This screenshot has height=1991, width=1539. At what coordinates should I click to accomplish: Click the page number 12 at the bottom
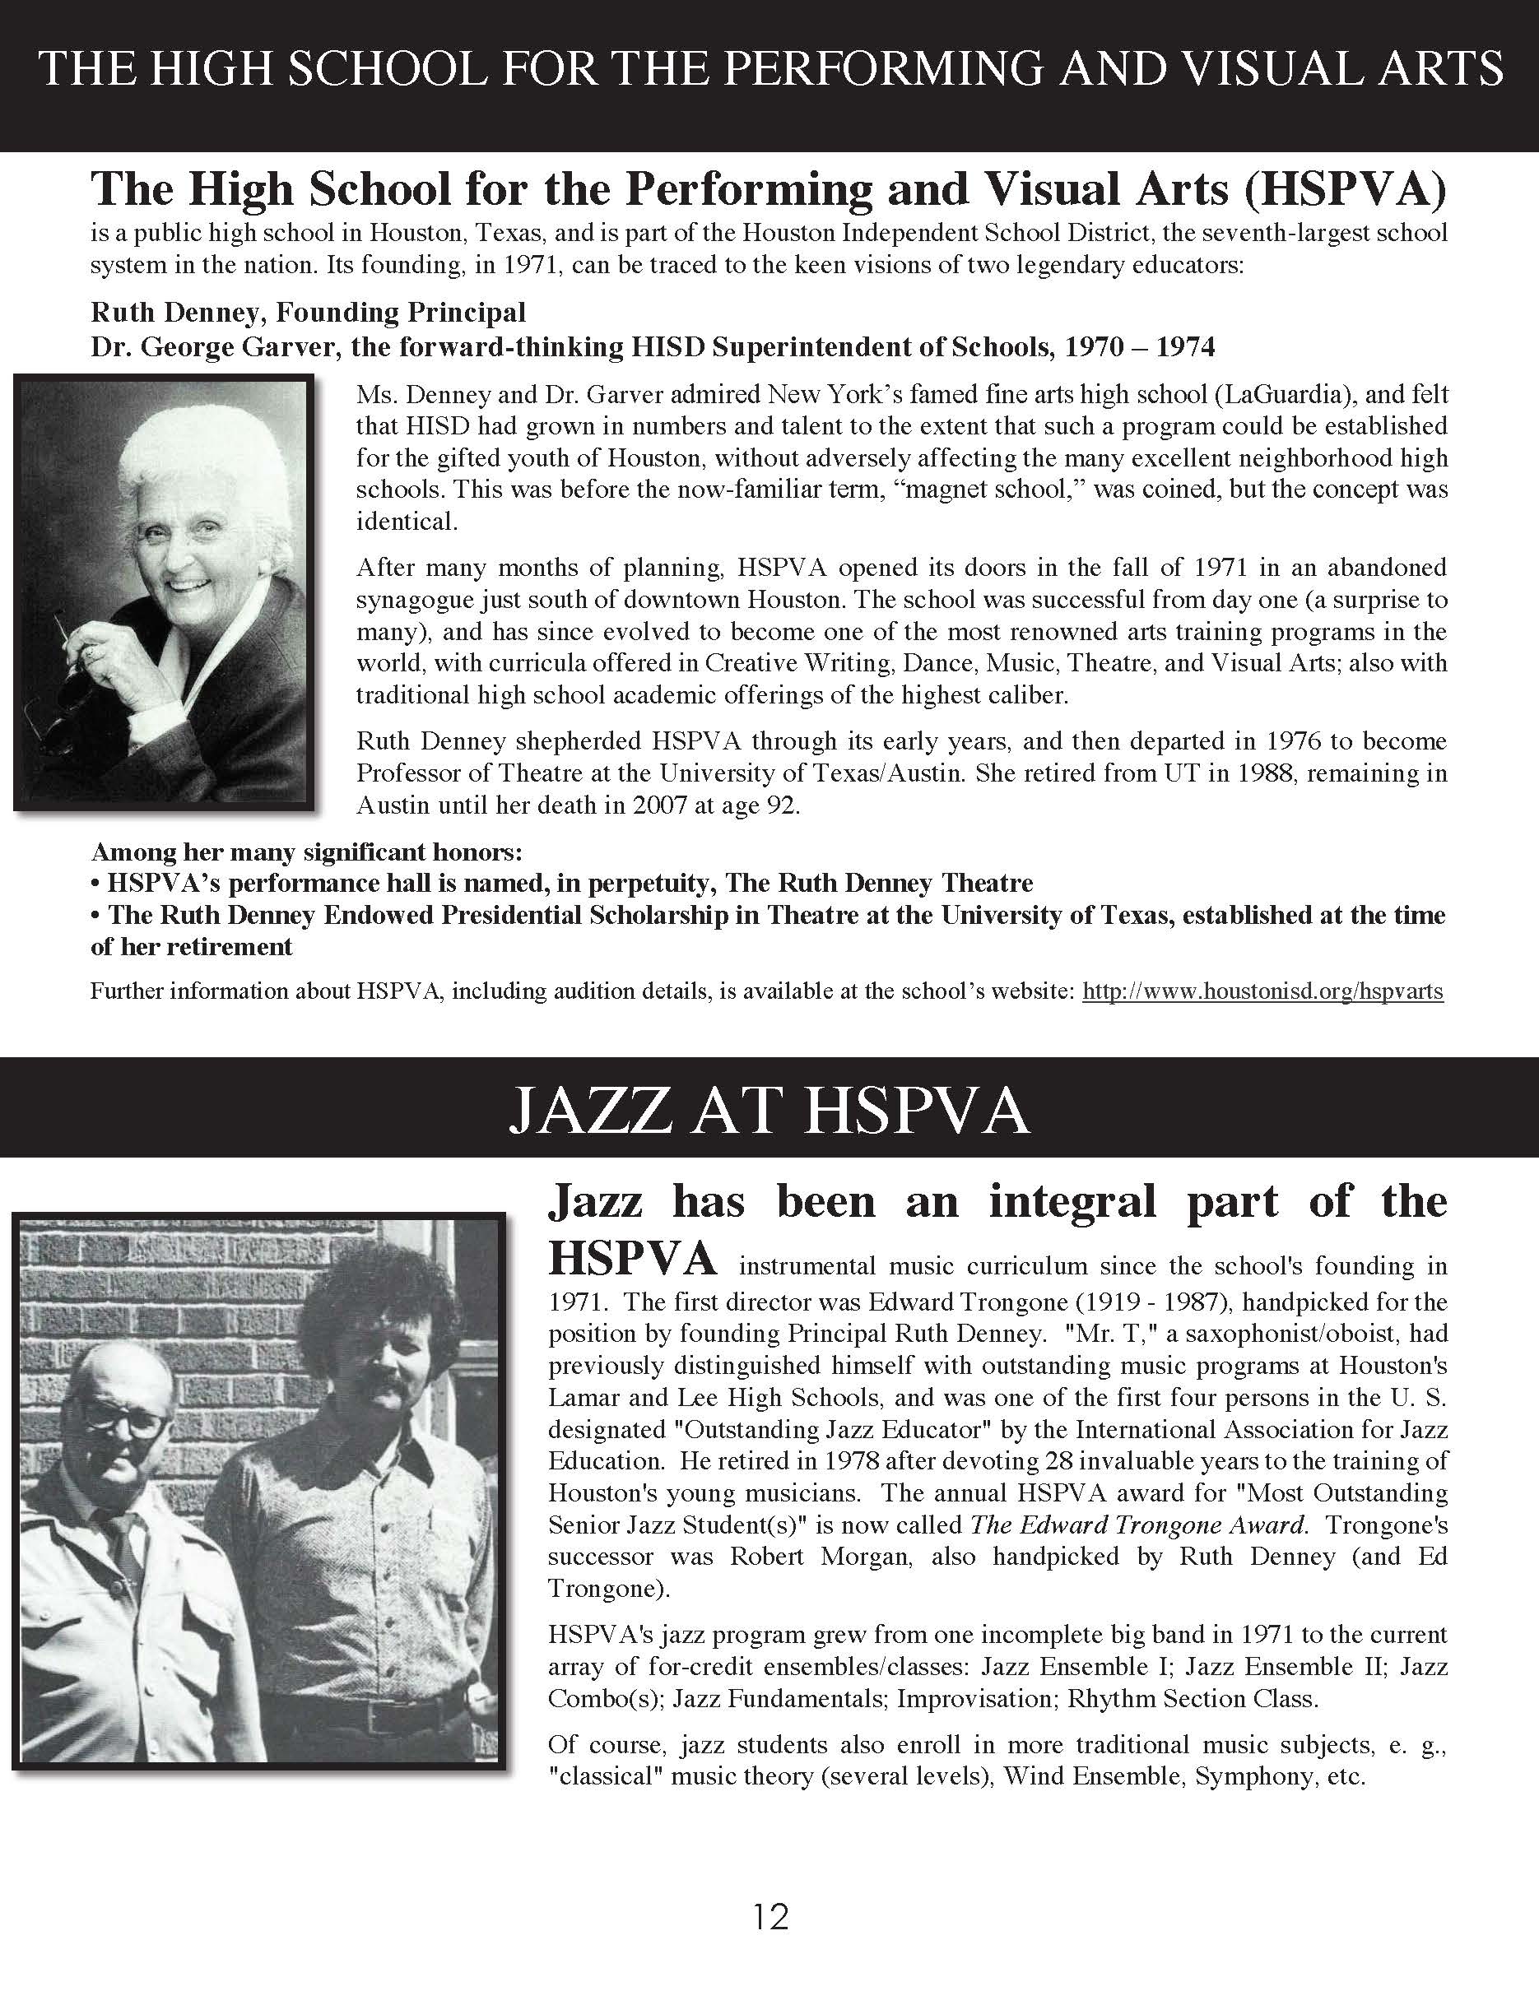[x=770, y=1917]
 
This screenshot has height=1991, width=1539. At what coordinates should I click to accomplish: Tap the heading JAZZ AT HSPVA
[x=769, y=1110]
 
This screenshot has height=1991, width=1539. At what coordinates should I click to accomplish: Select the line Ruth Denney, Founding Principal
[x=308, y=313]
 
